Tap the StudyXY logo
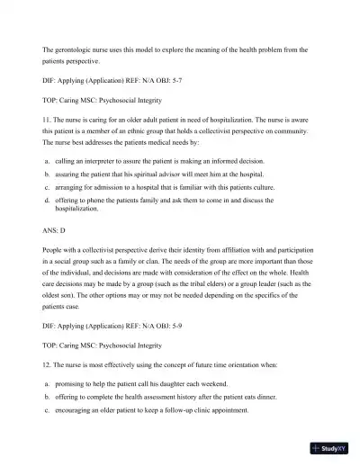pyautogui.click(x=329, y=447)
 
